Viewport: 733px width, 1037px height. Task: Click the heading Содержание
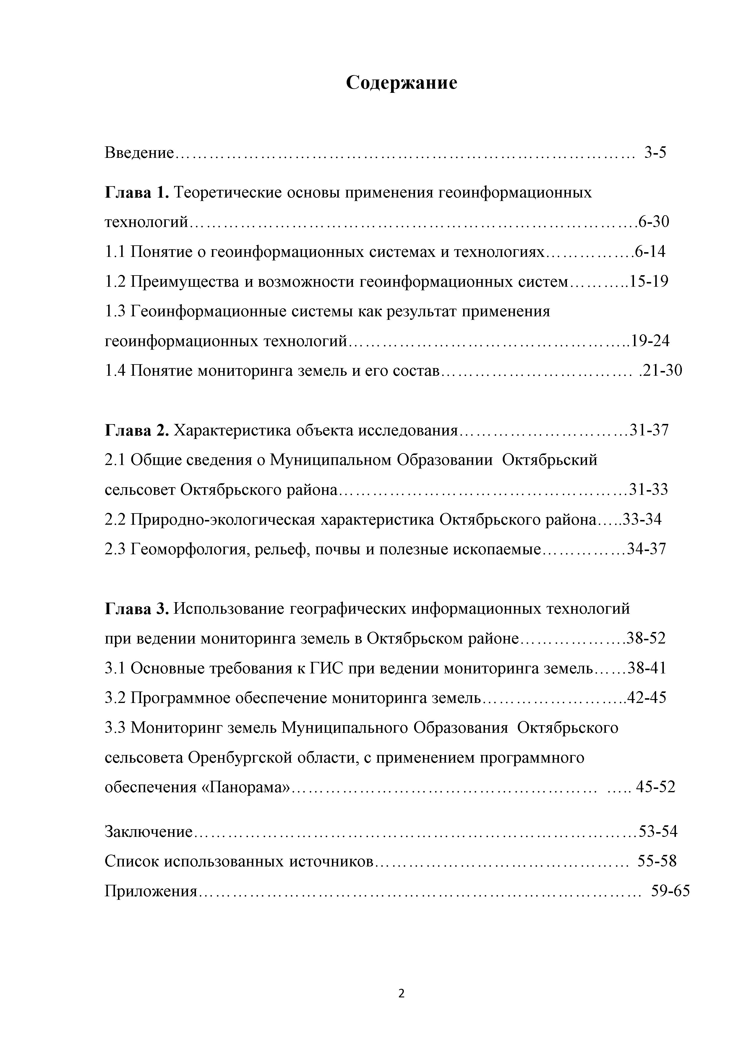click(x=401, y=83)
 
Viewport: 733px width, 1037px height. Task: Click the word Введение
click(x=139, y=153)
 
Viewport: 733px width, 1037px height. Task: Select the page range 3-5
click(x=655, y=153)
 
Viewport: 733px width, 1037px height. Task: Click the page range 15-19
click(x=649, y=282)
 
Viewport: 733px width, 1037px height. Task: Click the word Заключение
click(x=149, y=832)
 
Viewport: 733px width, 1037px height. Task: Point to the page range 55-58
click(x=657, y=861)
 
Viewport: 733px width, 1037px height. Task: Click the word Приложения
click(x=151, y=891)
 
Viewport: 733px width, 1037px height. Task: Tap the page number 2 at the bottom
click(x=401, y=993)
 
